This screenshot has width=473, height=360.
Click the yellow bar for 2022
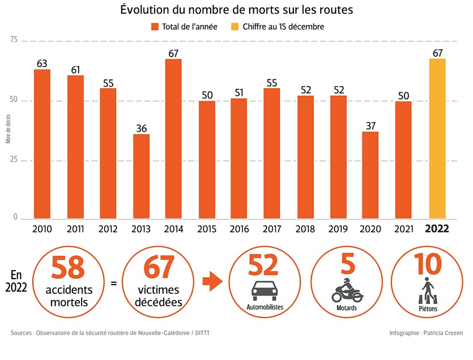pos(437,139)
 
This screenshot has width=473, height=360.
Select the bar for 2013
pos(142,176)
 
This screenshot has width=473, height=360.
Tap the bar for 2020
pos(370,175)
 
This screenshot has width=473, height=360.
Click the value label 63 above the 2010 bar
pos(42,63)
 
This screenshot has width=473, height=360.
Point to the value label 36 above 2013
pos(142,128)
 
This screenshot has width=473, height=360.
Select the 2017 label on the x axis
pos(272,229)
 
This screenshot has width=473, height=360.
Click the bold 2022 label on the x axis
pos(437,229)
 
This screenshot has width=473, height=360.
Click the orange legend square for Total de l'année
pos(155,27)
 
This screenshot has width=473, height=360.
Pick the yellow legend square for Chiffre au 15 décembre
pos(235,27)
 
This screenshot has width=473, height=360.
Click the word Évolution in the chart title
pos(145,10)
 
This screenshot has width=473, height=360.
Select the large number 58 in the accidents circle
pos(67,268)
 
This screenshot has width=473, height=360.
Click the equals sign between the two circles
pos(114,281)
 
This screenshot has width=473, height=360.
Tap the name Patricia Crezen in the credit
pos(442,333)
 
